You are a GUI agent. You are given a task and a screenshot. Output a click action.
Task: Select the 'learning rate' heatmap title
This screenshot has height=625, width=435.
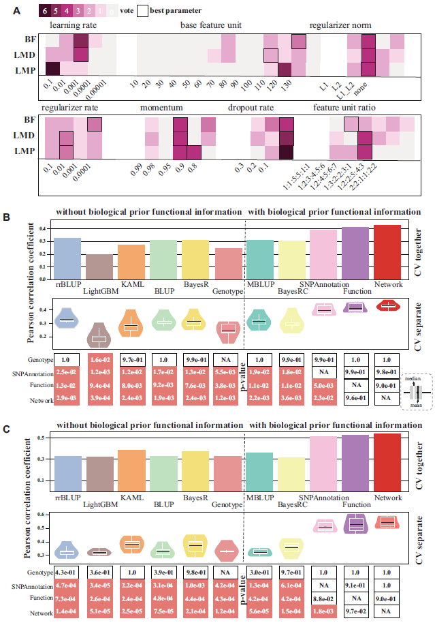tap(72, 25)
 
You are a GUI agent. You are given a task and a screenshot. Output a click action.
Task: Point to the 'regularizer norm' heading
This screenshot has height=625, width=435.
tap(339, 25)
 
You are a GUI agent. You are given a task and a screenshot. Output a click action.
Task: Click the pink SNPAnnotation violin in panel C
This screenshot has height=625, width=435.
tap(325, 525)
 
